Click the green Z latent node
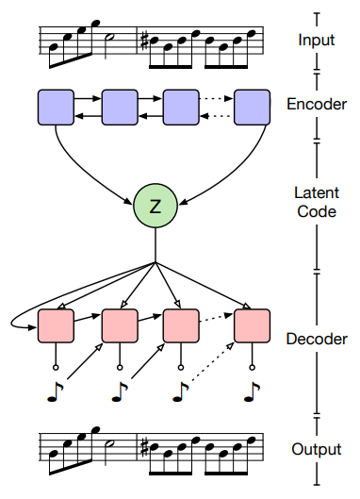(155, 206)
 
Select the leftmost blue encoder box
(56, 108)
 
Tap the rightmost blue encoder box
(253, 108)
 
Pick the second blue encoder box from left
(120, 108)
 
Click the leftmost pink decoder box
(56, 325)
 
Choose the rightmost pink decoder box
(253, 325)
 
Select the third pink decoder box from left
(181, 325)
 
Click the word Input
(317, 41)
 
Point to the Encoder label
(317, 104)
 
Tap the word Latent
(317, 192)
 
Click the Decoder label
(317, 339)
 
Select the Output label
(317, 449)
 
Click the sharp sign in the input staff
(145, 42)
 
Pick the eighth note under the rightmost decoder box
(252, 392)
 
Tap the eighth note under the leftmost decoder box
(56, 392)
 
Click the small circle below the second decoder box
(120, 368)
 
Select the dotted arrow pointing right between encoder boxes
(216, 99)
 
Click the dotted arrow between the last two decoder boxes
(216, 318)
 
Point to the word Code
(317, 211)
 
